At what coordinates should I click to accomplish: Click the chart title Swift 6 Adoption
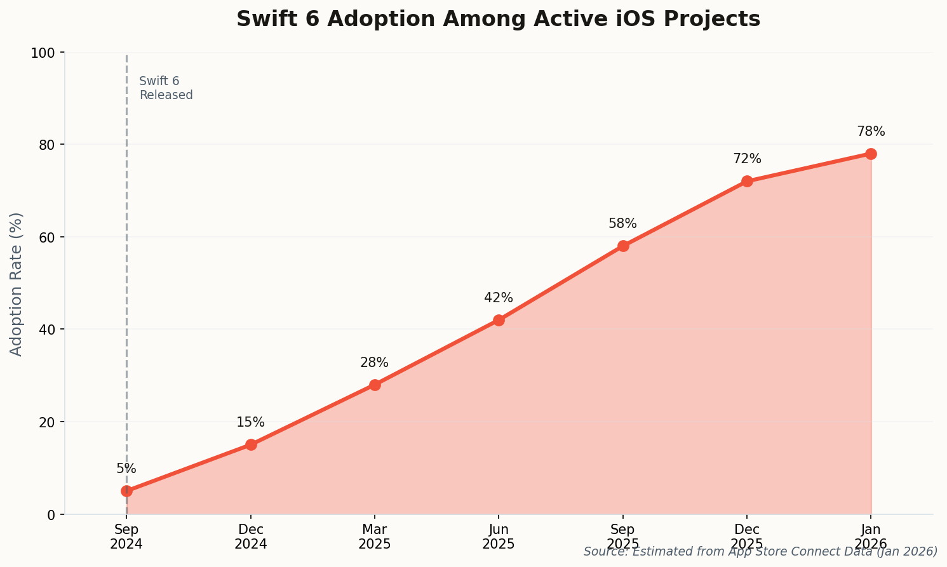(498, 19)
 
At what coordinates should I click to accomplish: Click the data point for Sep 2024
(126, 491)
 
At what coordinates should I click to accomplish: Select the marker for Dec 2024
(251, 444)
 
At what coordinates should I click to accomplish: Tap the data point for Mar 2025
(375, 385)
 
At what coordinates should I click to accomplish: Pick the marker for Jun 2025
(499, 320)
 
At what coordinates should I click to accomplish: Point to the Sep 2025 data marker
(623, 246)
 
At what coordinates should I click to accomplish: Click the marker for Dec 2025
(747, 181)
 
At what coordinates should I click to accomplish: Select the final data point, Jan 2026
(871, 154)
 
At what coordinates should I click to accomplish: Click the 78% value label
(871, 131)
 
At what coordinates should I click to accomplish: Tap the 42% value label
(499, 298)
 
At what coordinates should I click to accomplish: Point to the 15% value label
(251, 422)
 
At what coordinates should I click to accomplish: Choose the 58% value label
(622, 223)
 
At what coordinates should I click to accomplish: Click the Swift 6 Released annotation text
(166, 88)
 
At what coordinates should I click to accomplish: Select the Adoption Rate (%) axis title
(17, 284)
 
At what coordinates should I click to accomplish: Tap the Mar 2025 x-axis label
(375, 537)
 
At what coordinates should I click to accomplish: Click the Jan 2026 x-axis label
(871, 537)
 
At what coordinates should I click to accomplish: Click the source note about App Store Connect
(760, 551)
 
